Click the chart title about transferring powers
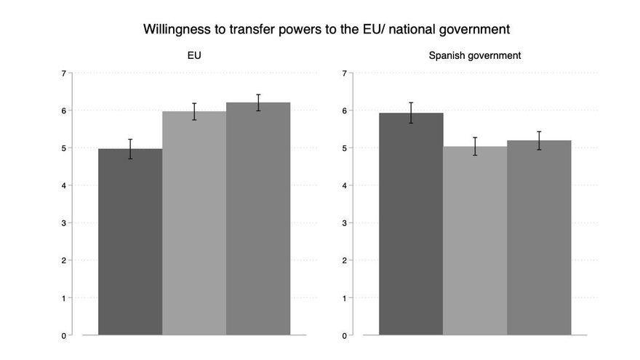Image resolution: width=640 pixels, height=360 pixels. pos(327,30)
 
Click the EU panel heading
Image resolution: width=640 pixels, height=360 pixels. pos(194,55)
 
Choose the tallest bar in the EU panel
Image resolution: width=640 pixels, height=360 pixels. pos(258,218)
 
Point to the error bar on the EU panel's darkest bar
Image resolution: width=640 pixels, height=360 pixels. pos(130,148)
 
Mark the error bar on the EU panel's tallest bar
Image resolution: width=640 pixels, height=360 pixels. pos(258,103)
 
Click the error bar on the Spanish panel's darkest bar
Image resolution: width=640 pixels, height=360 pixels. pos(411,113)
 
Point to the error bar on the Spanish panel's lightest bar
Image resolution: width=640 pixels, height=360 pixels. pos(475,146)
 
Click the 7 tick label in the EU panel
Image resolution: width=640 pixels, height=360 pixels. pos(64,73)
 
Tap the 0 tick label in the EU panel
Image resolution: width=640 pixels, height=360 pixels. pos(64,336)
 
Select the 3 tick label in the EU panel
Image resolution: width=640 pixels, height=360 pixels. pos(64,223)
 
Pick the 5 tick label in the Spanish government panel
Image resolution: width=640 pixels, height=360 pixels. pos(343,148)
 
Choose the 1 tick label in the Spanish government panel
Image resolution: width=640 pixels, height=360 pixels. pos(343,298)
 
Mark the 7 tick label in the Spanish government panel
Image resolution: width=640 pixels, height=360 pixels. pos(343,73)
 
